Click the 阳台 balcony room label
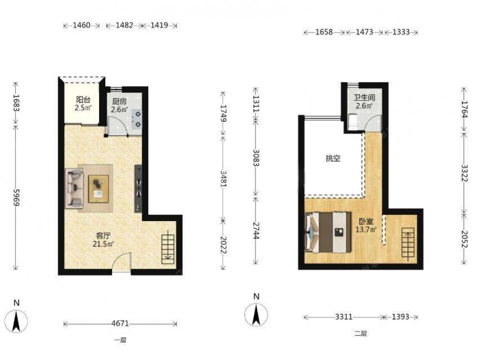coord(83,99)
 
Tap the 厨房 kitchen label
coord(119,101)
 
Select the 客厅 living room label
coord(103,236)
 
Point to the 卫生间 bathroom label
coord(364,98)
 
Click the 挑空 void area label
coord(333,159)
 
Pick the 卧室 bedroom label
coord(366,222)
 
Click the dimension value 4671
coord(120,323)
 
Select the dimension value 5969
coord(16,198)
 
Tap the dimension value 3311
coord(343,317)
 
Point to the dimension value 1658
coord(324,32)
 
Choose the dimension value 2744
coord(256,230)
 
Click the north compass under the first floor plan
coord(16,321)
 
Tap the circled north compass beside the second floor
coord(256,315)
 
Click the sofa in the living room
coord(75,188)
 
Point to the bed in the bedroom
coord(328,232)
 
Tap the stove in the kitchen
coord(138,119)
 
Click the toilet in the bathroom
coord(353,122)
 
